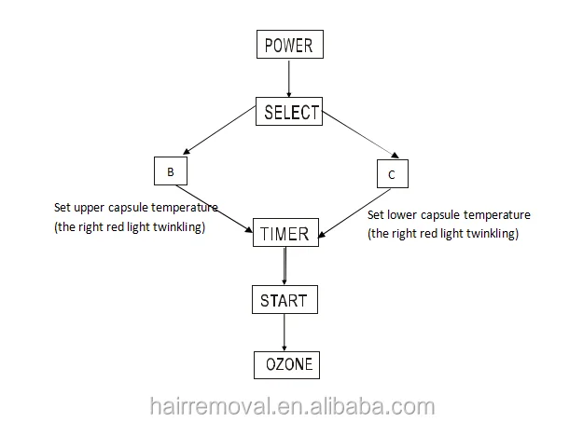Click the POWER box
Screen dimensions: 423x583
(288, 44)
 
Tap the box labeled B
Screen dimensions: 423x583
(170, 172)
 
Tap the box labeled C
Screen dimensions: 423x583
(393, 174)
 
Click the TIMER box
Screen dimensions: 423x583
(285, 234)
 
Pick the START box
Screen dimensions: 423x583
(285, 300)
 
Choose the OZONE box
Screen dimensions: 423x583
(285, 364)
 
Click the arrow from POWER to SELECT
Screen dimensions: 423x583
(289, 78)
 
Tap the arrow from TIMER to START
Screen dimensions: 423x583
(285, 266)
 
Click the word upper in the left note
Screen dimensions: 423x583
(90, 207)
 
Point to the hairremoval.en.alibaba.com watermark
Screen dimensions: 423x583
(291, 406)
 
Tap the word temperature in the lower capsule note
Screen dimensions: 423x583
(496, 214)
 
